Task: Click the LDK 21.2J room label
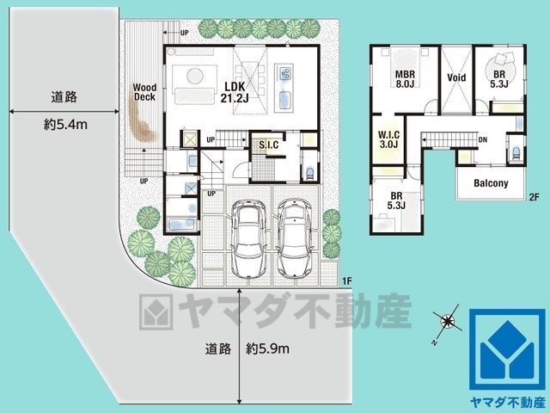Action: [235, 92]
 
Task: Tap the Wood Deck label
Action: [144, 92]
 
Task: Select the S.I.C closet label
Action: [269, 145]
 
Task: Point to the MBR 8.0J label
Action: [405, 79]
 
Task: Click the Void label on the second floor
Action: [456, 77]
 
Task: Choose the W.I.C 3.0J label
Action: [388, 139]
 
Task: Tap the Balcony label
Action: [491, 183]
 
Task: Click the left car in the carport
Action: [248, 238]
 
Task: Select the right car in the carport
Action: [295, 238]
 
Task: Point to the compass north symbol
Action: [447, 321]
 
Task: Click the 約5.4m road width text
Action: [65, 124]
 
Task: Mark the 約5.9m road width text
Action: [267, 348]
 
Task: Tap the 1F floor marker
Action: [347, 281]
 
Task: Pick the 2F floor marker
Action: [534, 197]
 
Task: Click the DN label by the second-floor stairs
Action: [483, 139]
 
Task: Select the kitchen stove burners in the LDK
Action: [285, 73]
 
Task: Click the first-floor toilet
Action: [309, 173]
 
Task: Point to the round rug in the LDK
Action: [195, 76]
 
